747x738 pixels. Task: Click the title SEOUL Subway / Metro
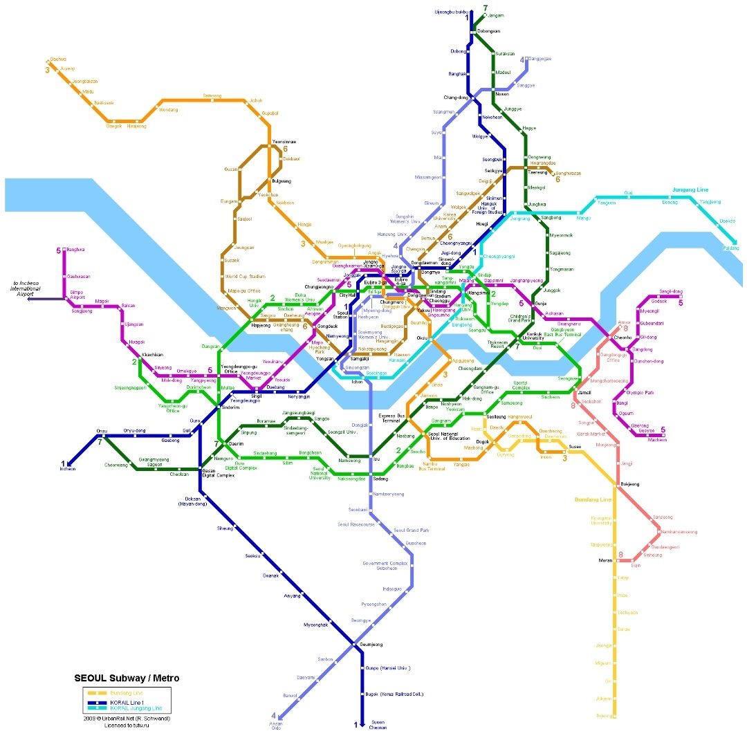(127, 678)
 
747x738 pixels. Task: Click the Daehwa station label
(58, 59)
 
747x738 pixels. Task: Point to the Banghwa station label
(76, 250)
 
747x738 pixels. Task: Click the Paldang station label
(730, 248)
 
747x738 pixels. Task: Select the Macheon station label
(657, 440)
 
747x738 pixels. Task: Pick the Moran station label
(606, 560)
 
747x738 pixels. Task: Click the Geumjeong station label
(371, 645)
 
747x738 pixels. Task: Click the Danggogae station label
(541, 59)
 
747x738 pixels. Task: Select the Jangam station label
(495, 15)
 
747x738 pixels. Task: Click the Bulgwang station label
(282, 181)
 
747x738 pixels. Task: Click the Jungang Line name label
(690, 190)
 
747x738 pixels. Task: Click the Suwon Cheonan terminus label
(378, 724)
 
